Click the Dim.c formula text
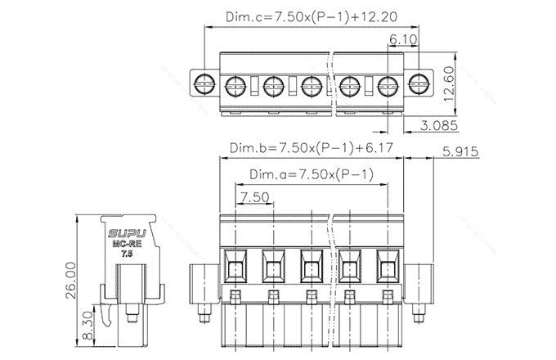312,17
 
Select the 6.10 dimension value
405,39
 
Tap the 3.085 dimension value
437,125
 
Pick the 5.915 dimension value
460,152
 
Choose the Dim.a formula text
312,174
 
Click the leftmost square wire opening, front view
235,267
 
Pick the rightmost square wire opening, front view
388,267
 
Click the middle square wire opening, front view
312,267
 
